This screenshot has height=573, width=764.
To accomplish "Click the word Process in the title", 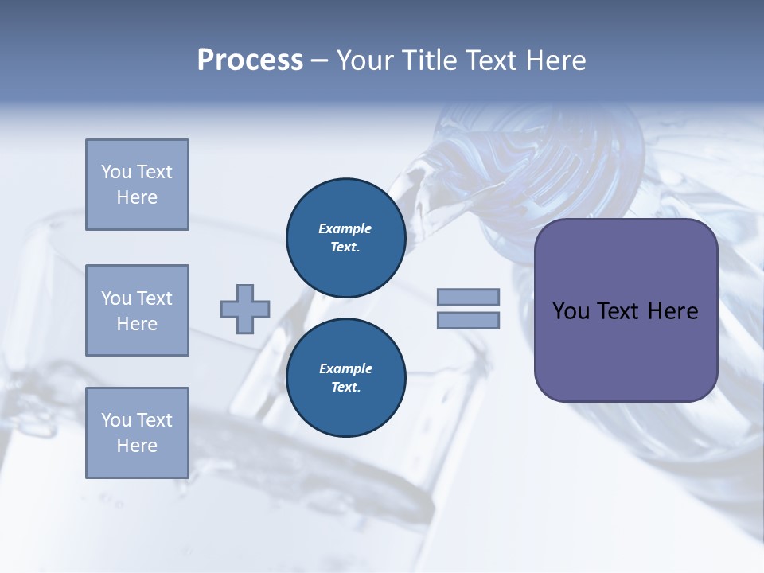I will click(x=250, y=60).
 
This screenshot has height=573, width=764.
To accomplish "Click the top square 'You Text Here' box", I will click(x=137, y=185).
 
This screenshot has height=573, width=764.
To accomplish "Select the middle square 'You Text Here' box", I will click(x=137, y=310).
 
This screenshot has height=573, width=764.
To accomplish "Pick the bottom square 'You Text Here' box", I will click(x=137, y=433).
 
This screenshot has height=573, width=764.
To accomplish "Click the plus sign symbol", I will click(x=245, y=310).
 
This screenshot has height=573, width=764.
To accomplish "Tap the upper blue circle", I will click(x=345, y=238).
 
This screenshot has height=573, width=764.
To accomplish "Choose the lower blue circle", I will click(x=345, y=378).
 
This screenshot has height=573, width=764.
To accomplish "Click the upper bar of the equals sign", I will click(x=468, y=298).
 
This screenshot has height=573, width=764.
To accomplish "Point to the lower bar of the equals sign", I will click(x=468, y=321).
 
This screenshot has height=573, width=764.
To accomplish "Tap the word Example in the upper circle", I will click(x=345, y=228).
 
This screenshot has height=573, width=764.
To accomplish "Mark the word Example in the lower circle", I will click(x=345, y=368).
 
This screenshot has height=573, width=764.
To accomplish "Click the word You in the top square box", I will click(x=116, y=172).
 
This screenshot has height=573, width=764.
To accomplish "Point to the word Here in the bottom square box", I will click(x=137, y=446).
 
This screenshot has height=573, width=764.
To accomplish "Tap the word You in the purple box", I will click(x=571, y=311).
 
